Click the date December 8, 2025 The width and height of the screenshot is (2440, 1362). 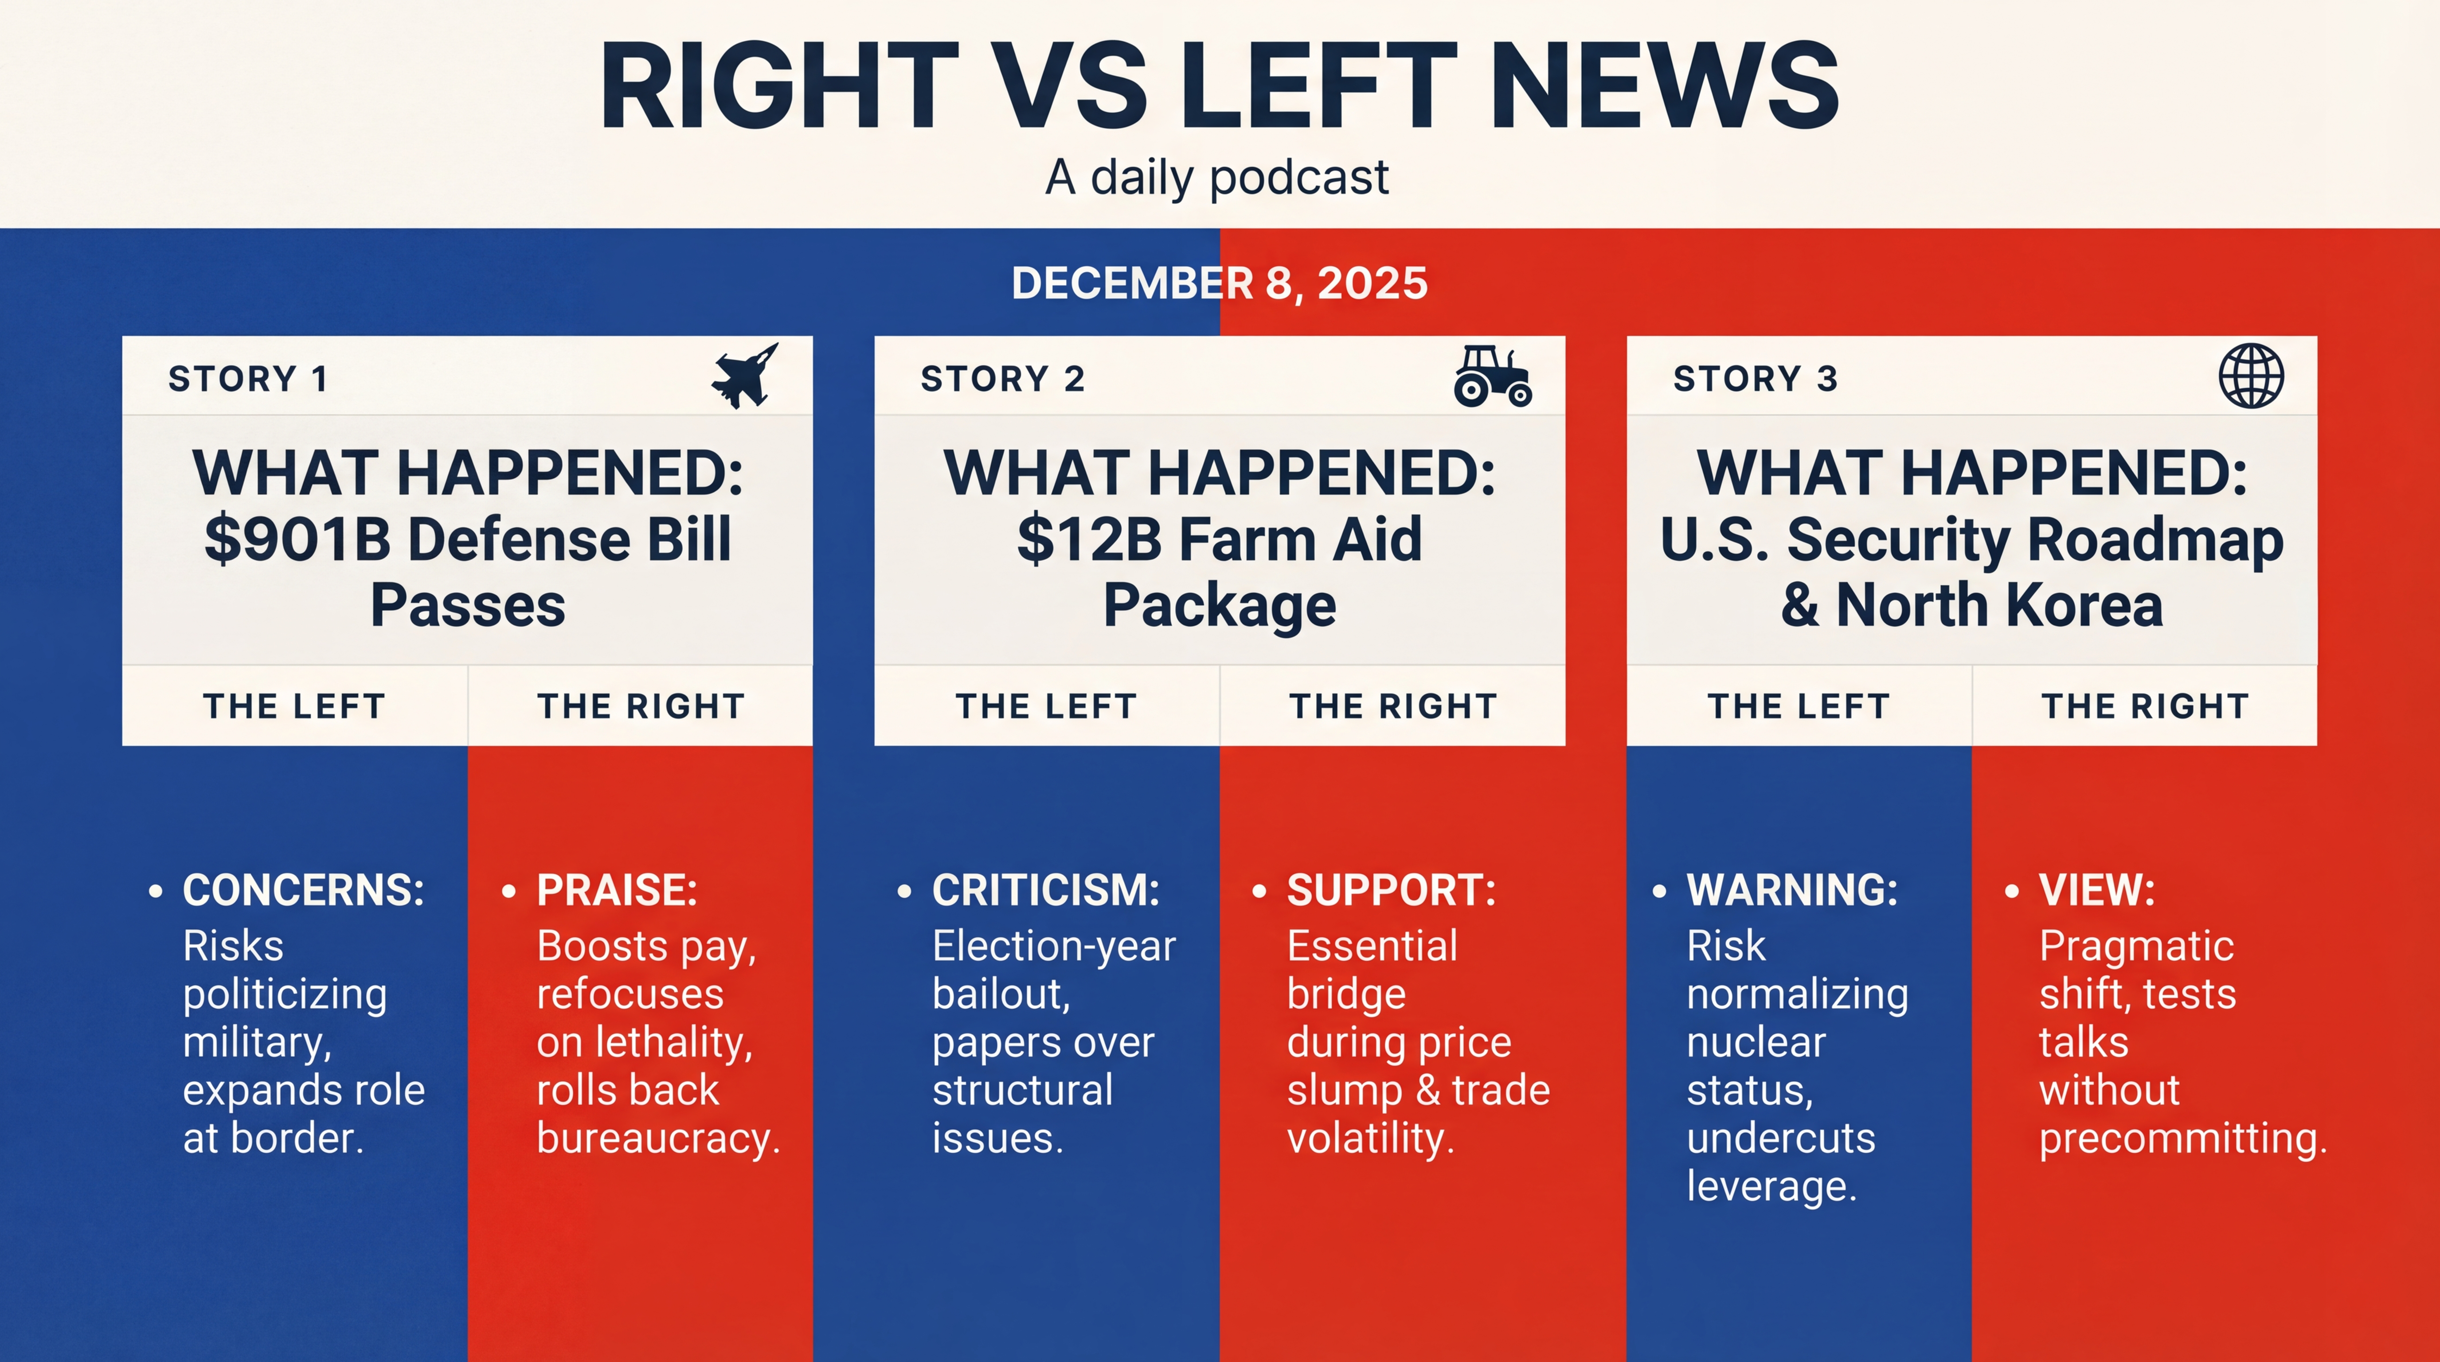click(x=1219, y=283)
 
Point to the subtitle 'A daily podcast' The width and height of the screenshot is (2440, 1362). click(x=1217, y=177)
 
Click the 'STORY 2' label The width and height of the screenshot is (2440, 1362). click(x=1002, y=379)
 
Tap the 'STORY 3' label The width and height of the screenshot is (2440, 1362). click(x=1755, y=379)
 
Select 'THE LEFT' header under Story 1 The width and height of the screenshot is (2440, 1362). click(x=294, y=707)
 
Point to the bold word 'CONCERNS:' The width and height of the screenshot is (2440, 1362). click(x=303, y=890)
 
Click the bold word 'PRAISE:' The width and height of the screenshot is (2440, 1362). click(x=617, y=890)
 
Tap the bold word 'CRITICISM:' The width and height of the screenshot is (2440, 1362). click(x=1046, y=890)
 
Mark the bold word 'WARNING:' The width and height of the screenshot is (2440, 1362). click(x=1792, y=890)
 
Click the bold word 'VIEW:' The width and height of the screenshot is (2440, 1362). click(x=2097, y=890)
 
